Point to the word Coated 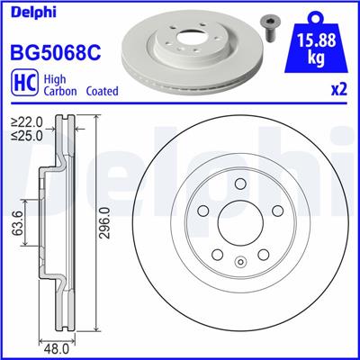[x=100, y=92]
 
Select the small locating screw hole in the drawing [x=239, y=262]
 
